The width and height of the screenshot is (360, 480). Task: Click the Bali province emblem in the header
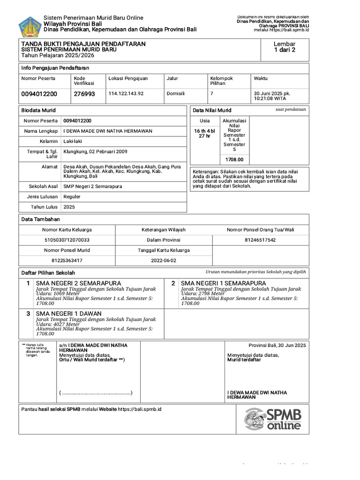pos(30,27)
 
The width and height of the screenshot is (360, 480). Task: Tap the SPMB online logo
pos(273,419)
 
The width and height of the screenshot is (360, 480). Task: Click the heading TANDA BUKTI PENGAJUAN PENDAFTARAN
pos(83,44)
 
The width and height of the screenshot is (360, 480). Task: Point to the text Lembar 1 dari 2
pos(285,47)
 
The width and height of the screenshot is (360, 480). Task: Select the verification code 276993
pos(84,94)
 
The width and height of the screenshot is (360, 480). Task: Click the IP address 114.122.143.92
pos(126,93)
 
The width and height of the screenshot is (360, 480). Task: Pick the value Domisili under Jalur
pos(176,93)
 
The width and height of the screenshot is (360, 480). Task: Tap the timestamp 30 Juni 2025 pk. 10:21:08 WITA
pos(272,96)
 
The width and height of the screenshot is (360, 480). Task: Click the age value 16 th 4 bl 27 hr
pos(204,133)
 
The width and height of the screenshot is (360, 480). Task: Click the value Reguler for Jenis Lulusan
pos(73,197)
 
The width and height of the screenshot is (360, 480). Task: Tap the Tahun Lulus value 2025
pos(69,207)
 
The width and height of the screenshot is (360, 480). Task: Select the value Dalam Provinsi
pos(164,240)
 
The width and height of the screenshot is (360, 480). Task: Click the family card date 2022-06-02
pos(164,260)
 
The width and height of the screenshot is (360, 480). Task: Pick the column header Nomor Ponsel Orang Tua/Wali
pos(261,230)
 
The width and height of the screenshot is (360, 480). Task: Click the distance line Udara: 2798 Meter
pos(203,293)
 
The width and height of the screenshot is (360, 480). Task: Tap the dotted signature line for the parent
pos(96,392)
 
